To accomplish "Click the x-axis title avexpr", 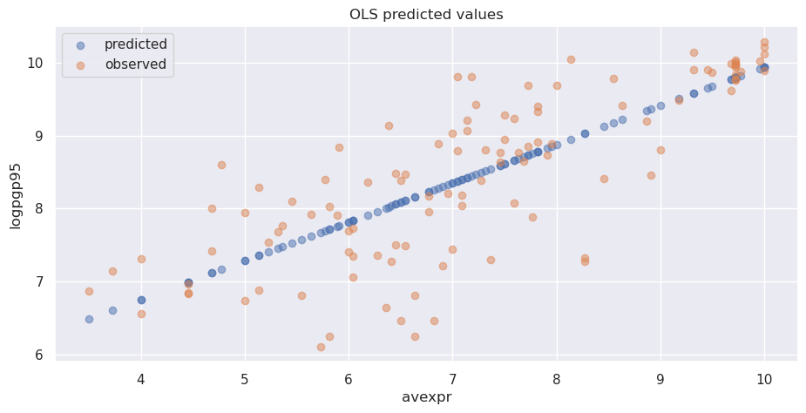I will point(426,397).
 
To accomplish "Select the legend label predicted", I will point(137,44).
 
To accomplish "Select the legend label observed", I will point(135,64).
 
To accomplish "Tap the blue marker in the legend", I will point(81,44).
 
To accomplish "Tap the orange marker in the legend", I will point(81,64).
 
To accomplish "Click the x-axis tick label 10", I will point(764,379).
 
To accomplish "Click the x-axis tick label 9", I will point(660,379).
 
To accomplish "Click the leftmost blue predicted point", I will point(89,319).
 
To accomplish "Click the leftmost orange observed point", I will point(89,291).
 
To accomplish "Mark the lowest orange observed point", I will point(321,347).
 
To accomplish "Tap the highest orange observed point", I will point(764,42).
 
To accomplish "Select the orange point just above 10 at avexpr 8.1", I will point(571,60).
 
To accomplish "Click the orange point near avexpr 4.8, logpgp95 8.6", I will point(221,165).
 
